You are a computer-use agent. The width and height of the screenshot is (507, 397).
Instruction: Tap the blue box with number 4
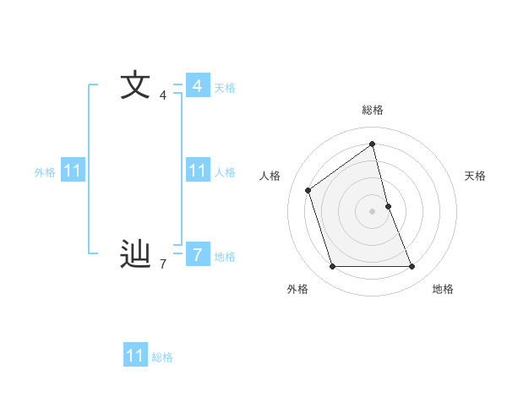198,85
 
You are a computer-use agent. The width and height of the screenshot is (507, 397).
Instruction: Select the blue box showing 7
198,253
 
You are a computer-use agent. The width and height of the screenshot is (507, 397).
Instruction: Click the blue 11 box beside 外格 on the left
73,171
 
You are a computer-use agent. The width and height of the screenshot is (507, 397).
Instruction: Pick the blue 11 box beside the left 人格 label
198,171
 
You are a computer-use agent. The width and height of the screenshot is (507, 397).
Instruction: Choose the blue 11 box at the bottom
135,356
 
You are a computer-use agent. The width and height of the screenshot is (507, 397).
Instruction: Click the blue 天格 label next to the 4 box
225,87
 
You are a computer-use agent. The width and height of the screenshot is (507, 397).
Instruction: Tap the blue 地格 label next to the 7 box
225,256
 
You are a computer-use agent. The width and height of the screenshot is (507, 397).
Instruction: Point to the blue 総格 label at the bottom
162,357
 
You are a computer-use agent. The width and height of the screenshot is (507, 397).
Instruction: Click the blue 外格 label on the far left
45,172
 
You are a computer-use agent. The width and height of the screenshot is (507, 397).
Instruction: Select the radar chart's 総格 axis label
373,110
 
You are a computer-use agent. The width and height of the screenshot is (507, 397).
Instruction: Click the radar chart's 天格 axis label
476,176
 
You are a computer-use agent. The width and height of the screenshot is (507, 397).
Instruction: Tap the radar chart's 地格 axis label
443,289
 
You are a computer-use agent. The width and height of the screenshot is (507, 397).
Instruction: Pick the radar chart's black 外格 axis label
297,289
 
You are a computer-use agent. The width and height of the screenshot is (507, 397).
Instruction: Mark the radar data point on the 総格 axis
373,144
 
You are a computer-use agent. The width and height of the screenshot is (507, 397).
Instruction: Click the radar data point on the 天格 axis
388,206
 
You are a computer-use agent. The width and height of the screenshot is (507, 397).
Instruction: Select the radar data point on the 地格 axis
412,267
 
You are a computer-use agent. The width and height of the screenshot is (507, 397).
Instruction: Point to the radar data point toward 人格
308,190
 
